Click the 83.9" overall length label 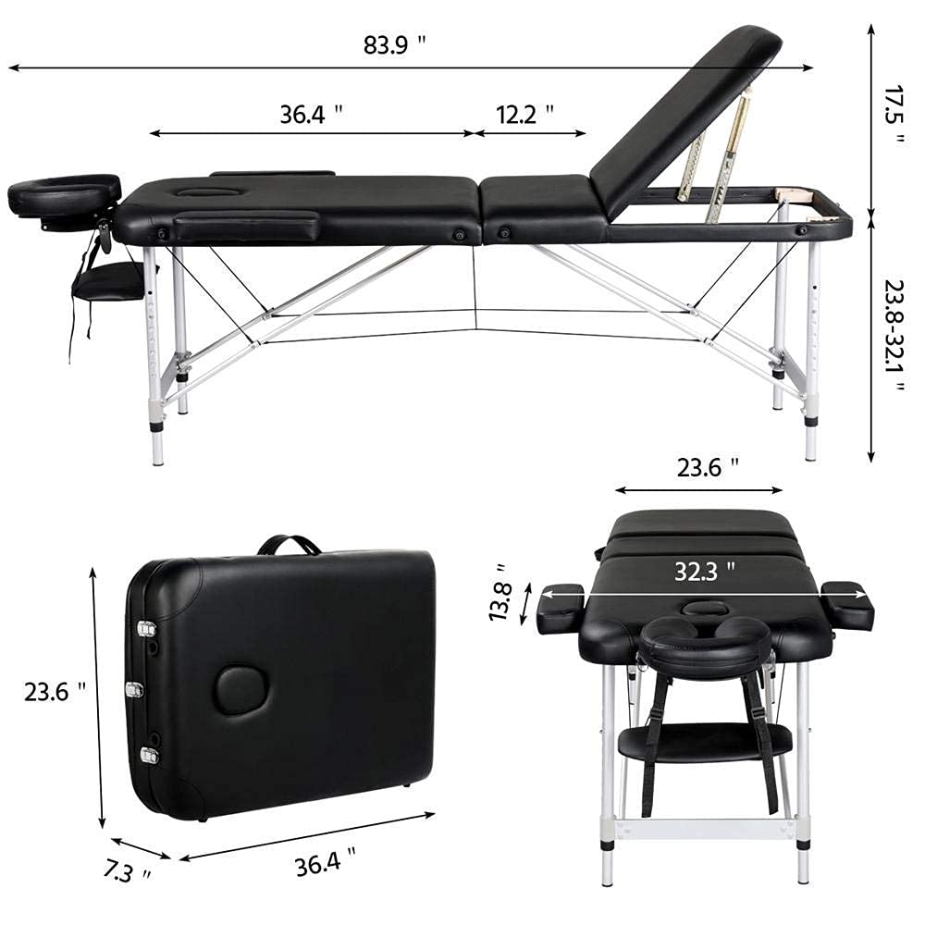(396, 44)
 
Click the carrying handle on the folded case (289, 545)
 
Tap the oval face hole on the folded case (240, 691)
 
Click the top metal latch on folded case (146, 629)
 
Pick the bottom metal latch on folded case (148, 755)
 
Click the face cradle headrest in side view (64, 193)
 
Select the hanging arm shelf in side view (109, 279)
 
